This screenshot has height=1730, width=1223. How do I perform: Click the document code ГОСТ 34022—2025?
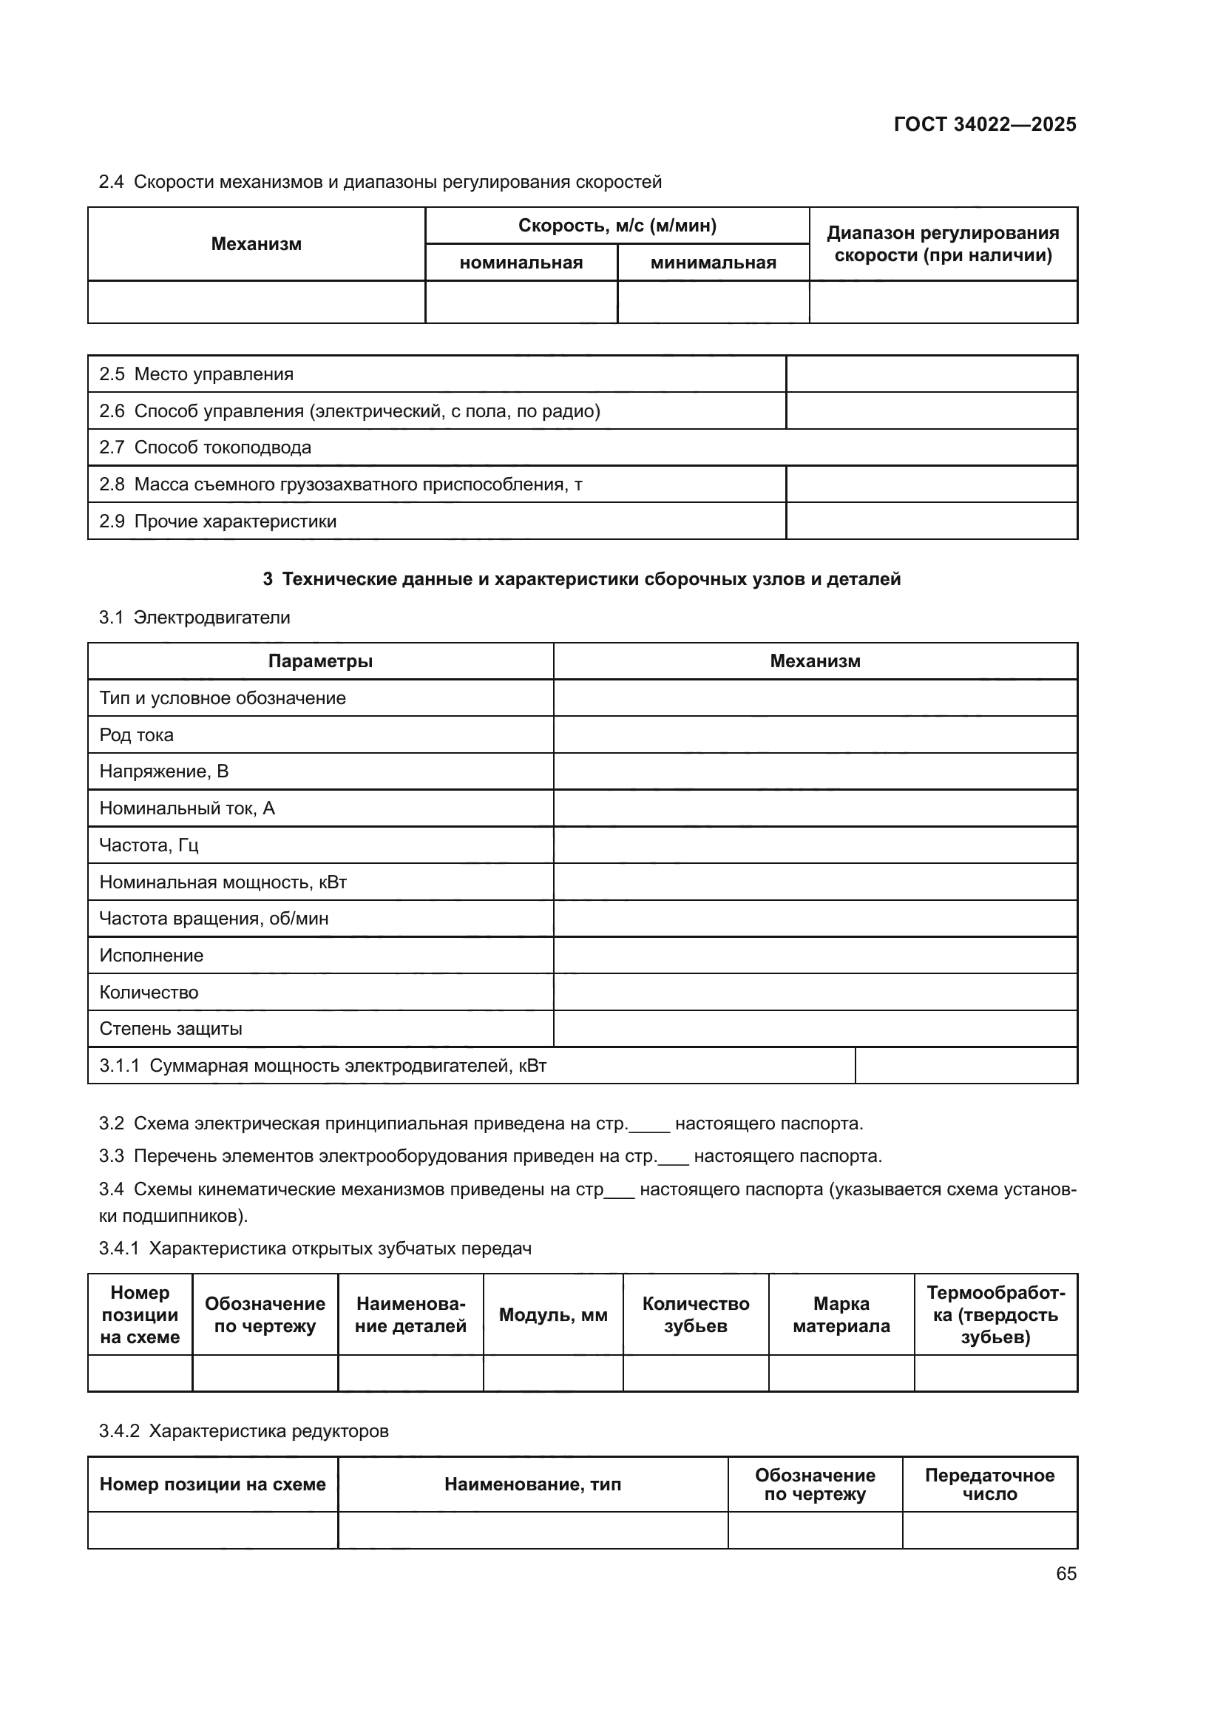[x=984, y=124]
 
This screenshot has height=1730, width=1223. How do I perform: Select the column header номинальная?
[x=521, y=263]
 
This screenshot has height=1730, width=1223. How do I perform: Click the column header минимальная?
[x=712, y=263]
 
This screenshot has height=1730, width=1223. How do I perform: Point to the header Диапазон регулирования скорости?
[x=943, y=244]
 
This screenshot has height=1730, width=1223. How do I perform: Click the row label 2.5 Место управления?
[x=197, y=374]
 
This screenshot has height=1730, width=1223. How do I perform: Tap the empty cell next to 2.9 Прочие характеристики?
[x=931, y=521]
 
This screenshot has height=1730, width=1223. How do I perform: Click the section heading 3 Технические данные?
[x=581, y=578]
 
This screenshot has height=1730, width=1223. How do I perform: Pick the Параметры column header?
[x=320, y=660]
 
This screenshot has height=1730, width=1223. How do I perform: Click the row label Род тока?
[x=136, y=734]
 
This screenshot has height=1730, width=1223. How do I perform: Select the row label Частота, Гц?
[x=149, y=845]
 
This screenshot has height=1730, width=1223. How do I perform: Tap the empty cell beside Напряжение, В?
[x=815, y=771]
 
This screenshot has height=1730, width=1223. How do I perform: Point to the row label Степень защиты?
[x=171, y=1029]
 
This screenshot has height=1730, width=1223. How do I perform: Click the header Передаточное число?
[x=989, y=1484]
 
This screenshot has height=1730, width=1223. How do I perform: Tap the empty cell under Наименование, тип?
[x=532, y=1530]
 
